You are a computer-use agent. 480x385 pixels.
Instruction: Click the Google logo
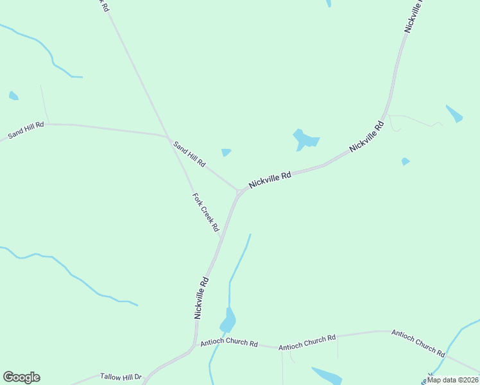(x=21, y=377)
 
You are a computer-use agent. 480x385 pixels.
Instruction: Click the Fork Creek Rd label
(x=206, y=212)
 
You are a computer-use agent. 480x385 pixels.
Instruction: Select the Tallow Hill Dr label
(x=120, y=377)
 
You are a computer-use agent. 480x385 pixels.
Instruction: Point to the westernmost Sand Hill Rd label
(x=26, y=130)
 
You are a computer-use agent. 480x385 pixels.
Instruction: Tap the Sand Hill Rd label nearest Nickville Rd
(x=189, y=155)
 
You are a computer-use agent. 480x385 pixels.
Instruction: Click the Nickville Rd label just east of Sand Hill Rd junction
(x=270, y=178)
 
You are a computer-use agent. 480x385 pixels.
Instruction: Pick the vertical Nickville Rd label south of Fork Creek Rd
(x=201, y=298)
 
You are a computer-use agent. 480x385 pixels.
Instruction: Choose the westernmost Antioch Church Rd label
(x=229, y=343)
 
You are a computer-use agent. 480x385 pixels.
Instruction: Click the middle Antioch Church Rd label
(x=307, y=342)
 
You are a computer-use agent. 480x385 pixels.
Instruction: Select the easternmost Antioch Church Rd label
(x=418, y=343)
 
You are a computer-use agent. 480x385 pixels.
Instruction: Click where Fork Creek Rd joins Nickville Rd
(x=221, y=237)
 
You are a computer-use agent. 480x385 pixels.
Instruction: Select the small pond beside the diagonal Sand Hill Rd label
(x=226, y=153)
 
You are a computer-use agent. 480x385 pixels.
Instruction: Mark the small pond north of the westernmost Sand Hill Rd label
(x=13, y=96)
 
